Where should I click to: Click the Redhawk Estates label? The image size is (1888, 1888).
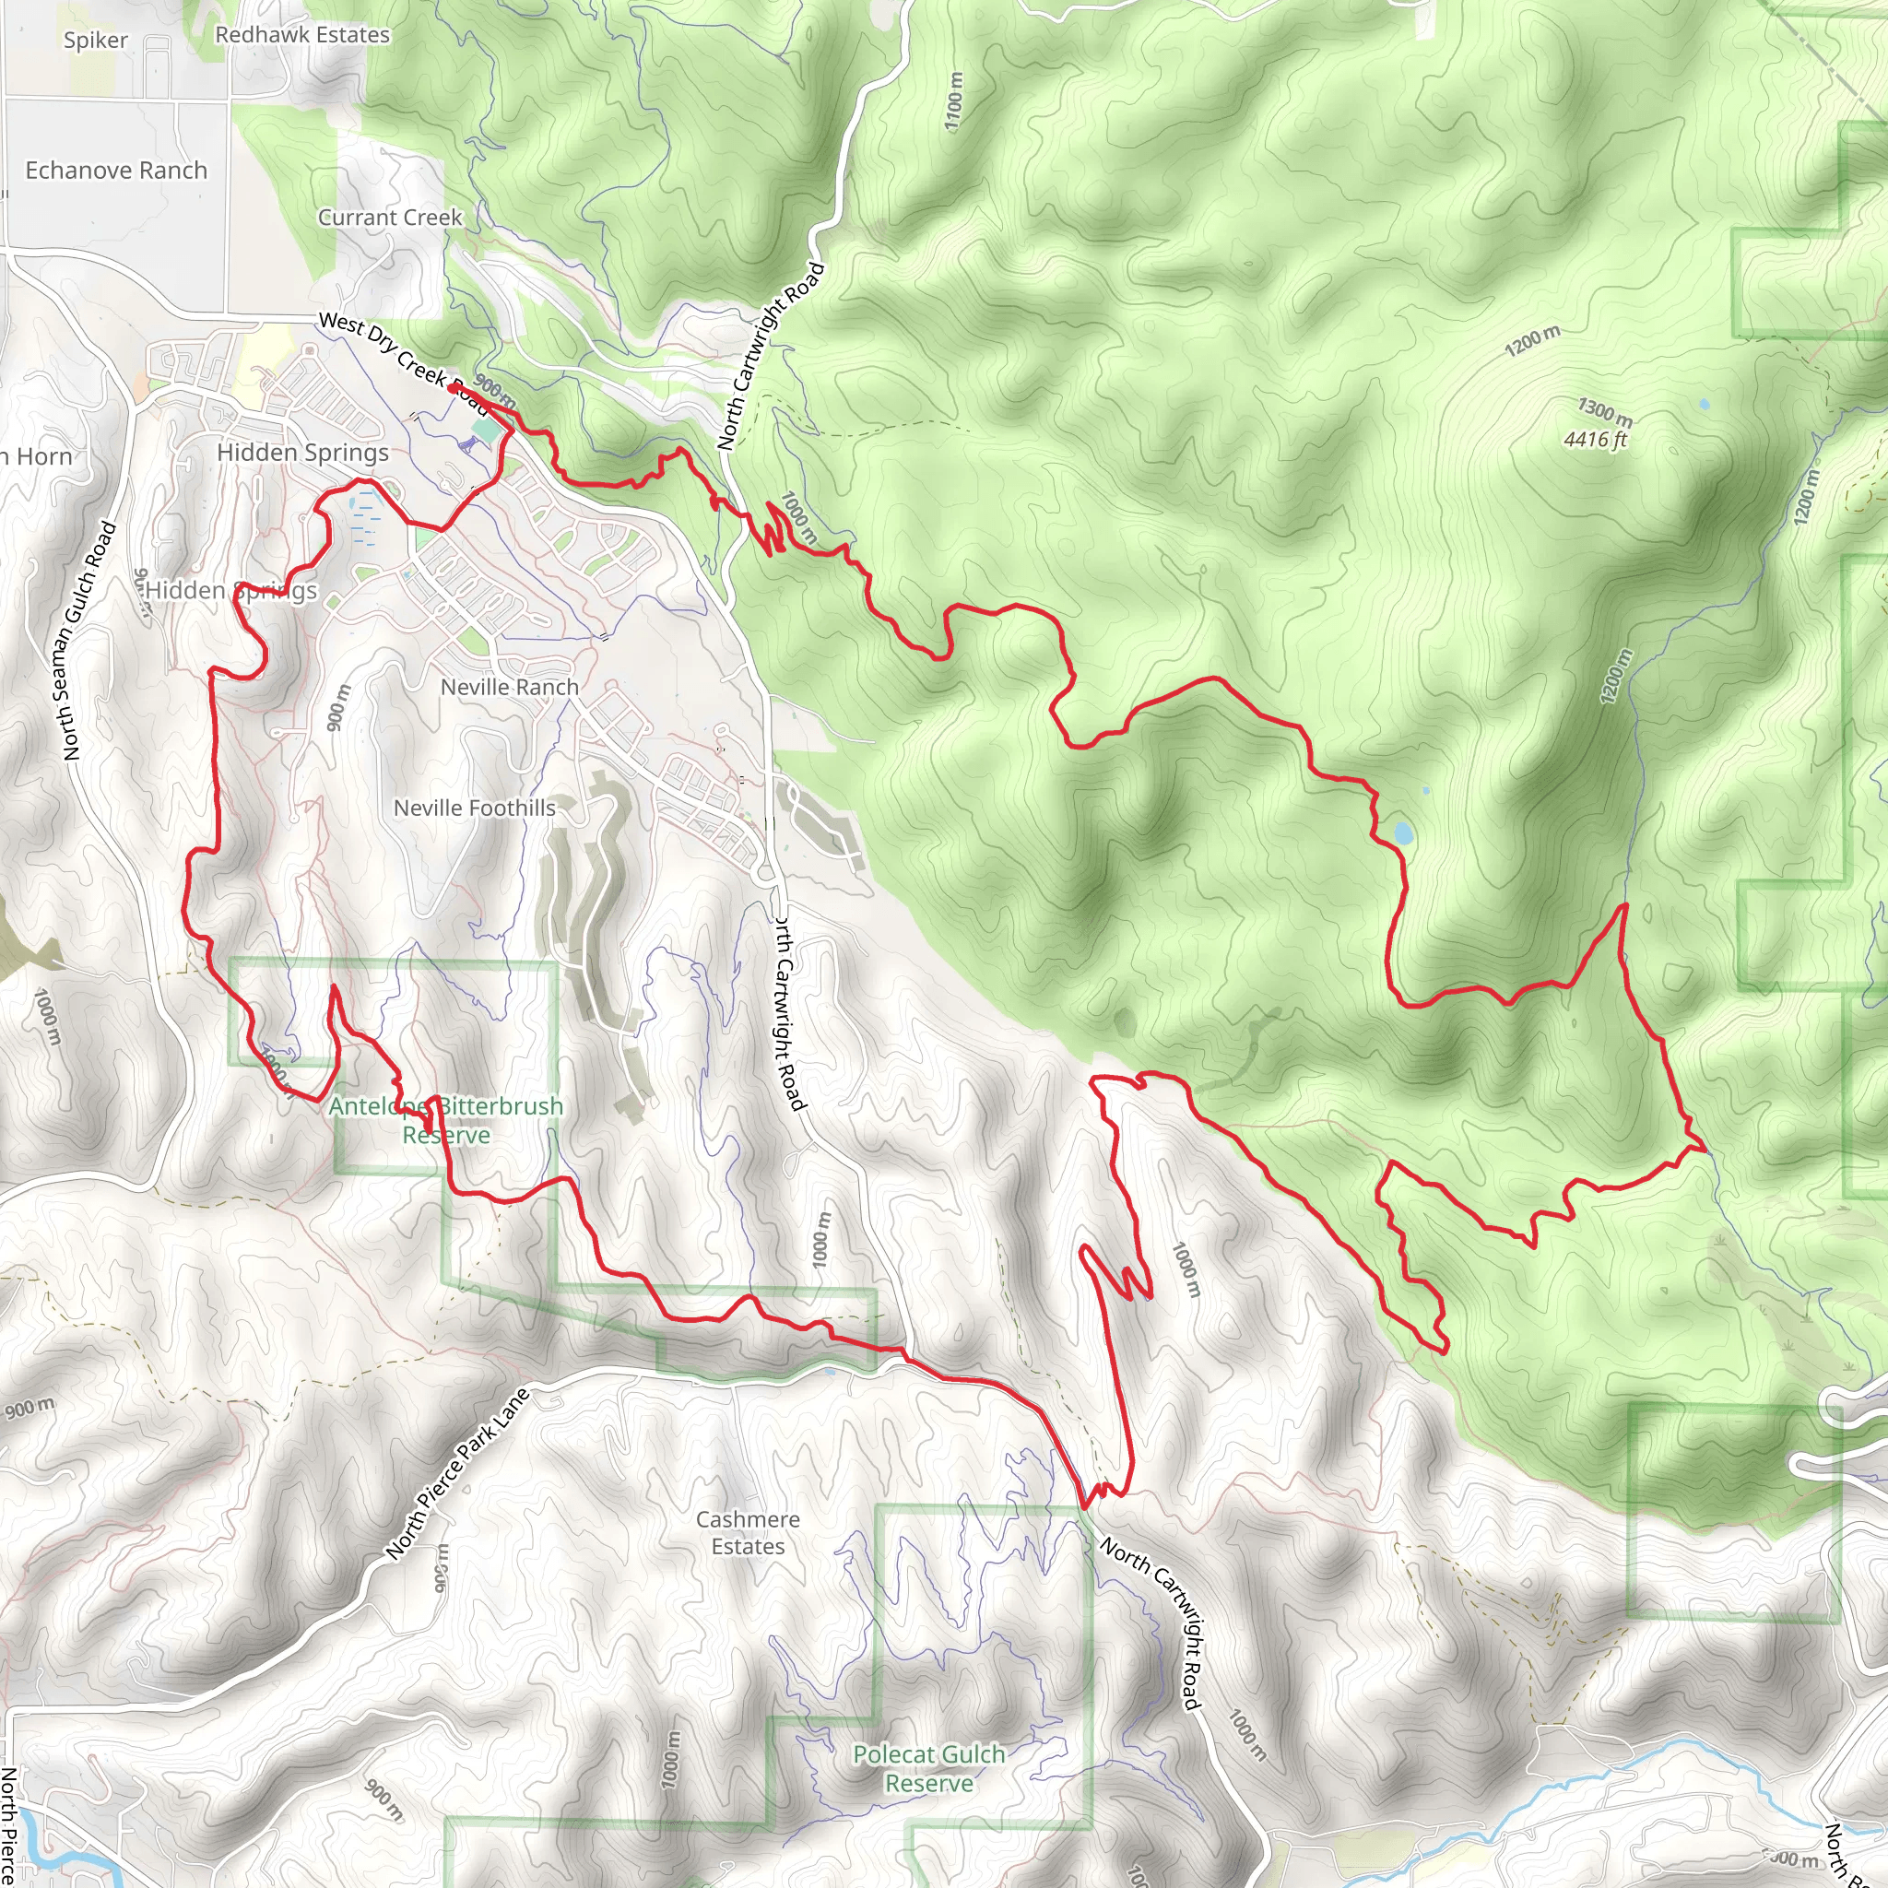[x=302, y=35]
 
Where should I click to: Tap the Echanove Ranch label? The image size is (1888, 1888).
[x=116, y=171]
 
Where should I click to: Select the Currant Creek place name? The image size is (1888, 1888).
[x=389, y=218]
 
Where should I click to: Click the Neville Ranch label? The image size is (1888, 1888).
[x=509, y=688]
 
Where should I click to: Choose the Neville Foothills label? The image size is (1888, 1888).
[x=474, y=808]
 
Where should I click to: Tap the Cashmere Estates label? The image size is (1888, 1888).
[x=748, y=1532]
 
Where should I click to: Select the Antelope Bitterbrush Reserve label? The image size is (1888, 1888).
[x=445, y=1120]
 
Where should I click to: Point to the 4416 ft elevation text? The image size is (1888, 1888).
[x=1595, y=440]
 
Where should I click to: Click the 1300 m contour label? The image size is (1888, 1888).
[x=1604, y=412]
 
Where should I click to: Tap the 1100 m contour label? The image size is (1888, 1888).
[x=954, y=101]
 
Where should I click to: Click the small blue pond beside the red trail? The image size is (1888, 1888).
[x=1403, y=833]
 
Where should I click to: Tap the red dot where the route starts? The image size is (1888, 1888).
[x=453, y=388]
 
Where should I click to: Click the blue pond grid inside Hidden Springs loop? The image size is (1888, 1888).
[x=363, y=519]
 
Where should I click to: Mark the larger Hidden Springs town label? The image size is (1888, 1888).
[x=302, y=454]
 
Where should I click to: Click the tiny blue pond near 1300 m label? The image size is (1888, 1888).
[x=1705, y=404]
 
